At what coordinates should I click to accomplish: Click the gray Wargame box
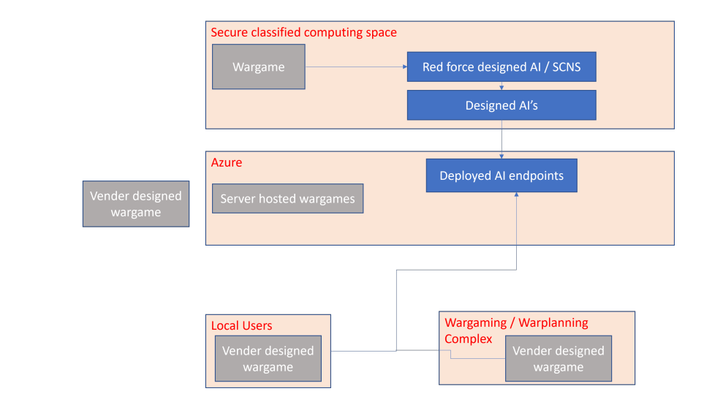tap(259, 67)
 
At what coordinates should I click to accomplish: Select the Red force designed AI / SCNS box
tap(501, 67)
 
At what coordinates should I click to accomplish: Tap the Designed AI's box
tap(501, 105)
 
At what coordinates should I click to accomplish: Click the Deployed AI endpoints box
tap(501, 175)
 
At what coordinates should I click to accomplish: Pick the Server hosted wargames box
tap(288, 198)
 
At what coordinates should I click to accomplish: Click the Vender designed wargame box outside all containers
tap(136, 204)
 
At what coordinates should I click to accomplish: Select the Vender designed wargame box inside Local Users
tap(268, 359)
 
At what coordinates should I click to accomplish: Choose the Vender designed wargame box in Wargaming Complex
tap(559, 359)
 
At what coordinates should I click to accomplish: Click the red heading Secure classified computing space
tap(303, 32)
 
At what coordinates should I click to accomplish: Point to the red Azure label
tap(227, 162)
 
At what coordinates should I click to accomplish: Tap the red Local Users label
tap(241, 325)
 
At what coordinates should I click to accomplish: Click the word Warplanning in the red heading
tap(553, 322)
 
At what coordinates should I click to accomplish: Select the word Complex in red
tap(469, 338)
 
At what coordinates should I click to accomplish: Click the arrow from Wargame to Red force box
tap(357, 67)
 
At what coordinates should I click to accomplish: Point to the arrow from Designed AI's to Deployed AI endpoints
tap(501, 139)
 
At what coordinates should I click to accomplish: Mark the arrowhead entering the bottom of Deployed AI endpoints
tap(516, 194)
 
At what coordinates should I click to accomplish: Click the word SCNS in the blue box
tap(566, 67)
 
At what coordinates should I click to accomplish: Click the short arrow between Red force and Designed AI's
tap(501, 86)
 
